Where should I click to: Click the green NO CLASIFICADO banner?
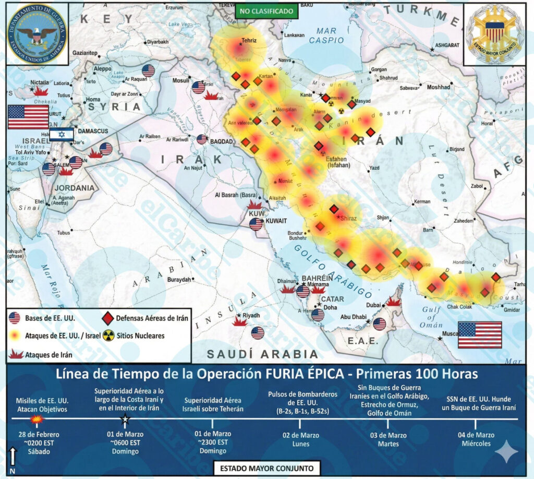pyautogui.click(x=266, y=10)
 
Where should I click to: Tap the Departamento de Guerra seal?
pyautogui.click(x=36, y=34)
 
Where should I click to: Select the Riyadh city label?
pyautogui.click(x=251, y=315)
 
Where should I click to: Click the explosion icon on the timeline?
pyautogui.click(x=37, y=419)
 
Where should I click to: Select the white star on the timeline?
pyautogui.click(x=125, y=419)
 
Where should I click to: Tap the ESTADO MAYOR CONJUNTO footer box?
pyautogui.click(x=266, y=468)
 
